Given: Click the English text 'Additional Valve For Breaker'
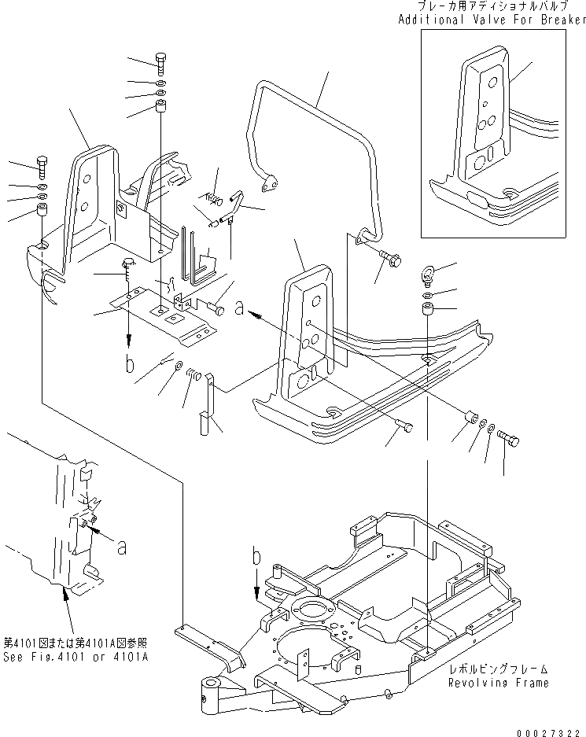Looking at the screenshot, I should point(492,19).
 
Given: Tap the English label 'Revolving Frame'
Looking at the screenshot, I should point(499,682).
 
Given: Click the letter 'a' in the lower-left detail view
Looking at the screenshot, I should point(122,547).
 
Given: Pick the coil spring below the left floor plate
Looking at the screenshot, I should point(192,381).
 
